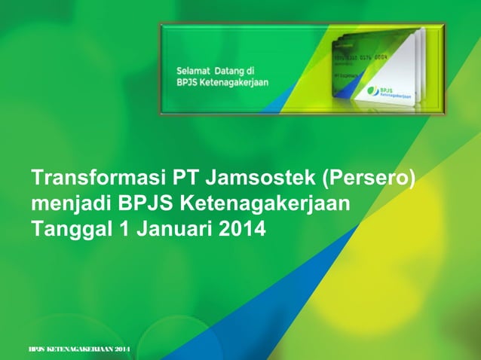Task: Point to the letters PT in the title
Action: (x=186, y=178)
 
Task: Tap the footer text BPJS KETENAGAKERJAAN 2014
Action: (x=78, y=351)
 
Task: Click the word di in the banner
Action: (x=257, y=71)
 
